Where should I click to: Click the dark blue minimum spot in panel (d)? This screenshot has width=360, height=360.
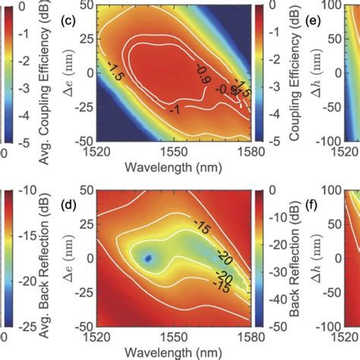149,260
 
